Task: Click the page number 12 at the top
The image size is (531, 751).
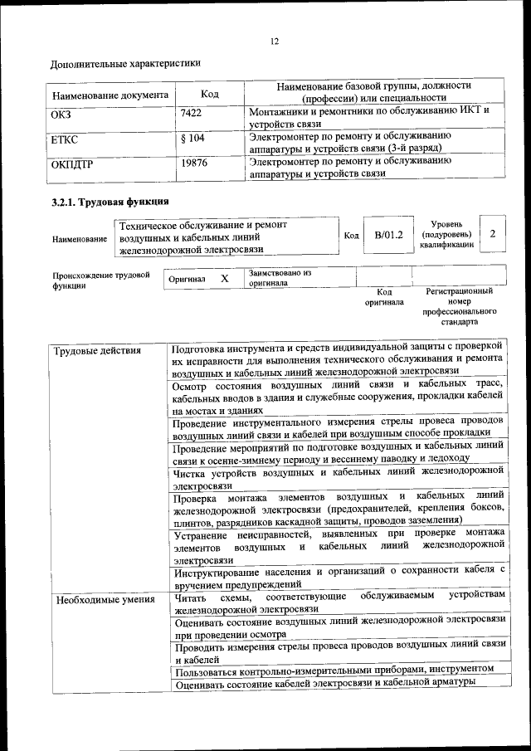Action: click(x=274, y=41)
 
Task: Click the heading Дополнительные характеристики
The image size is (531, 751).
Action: click(x=125, y=63)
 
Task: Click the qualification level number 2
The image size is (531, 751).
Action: click(x=493, y=234)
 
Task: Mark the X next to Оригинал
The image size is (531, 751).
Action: click(x=224, y=279)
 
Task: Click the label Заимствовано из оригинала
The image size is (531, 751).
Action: click(x=280, y=277)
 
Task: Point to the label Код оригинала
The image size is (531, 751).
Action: click(x=384, y=297)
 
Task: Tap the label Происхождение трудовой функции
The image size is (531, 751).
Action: click(x=100, y=280)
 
